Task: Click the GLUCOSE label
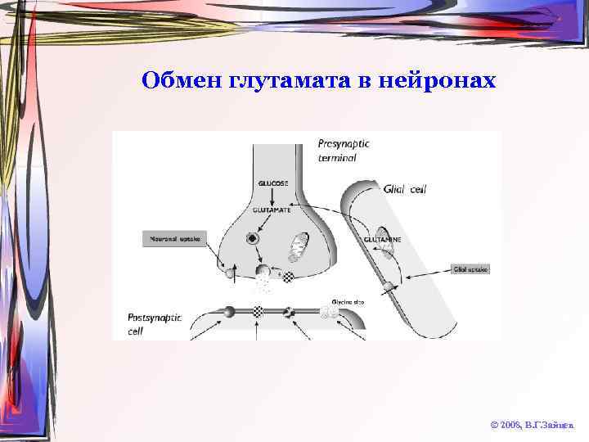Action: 273,183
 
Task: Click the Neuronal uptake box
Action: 173,239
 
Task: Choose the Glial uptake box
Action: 470,268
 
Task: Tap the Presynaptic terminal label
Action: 344,150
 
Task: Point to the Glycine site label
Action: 348,302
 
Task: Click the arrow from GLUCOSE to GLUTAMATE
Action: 273,196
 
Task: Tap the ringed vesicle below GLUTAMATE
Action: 252,239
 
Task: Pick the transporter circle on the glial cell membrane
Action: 387,286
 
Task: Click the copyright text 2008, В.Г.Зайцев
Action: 532,426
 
